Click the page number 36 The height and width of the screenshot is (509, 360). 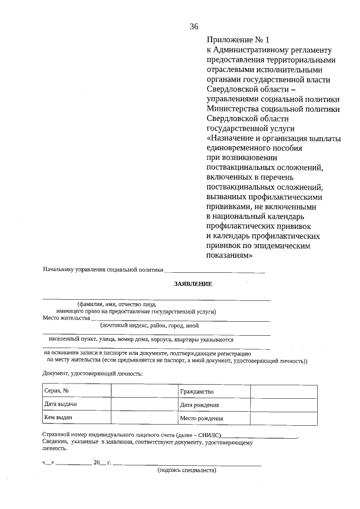click(x=194, y=26)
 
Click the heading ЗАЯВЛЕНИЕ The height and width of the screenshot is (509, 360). click(x=193, y=284)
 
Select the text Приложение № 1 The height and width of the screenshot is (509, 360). click(x=238, y=40)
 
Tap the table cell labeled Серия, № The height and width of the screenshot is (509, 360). click(x=76, y=391)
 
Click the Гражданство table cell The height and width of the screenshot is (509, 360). click(x=214, y=391)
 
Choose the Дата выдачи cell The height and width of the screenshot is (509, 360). click(x=76, y=404)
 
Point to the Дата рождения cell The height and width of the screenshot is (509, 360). click(x=214, y=405)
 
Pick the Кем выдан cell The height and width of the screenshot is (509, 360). click(x=76, y=418)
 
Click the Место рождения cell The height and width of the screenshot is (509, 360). click(x=214, y=418)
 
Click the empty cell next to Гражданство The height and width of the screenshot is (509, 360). click(x=283, y=391)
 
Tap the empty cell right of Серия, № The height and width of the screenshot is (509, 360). click(x=144, y=391)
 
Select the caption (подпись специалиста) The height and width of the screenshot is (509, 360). click(x=187, y=470)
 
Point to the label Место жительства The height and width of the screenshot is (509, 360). click(x=66, y=318)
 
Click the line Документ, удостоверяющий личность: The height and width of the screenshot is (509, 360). click(x=93, y=373)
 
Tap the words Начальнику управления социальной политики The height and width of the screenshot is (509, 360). click(x=102, y=271)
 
